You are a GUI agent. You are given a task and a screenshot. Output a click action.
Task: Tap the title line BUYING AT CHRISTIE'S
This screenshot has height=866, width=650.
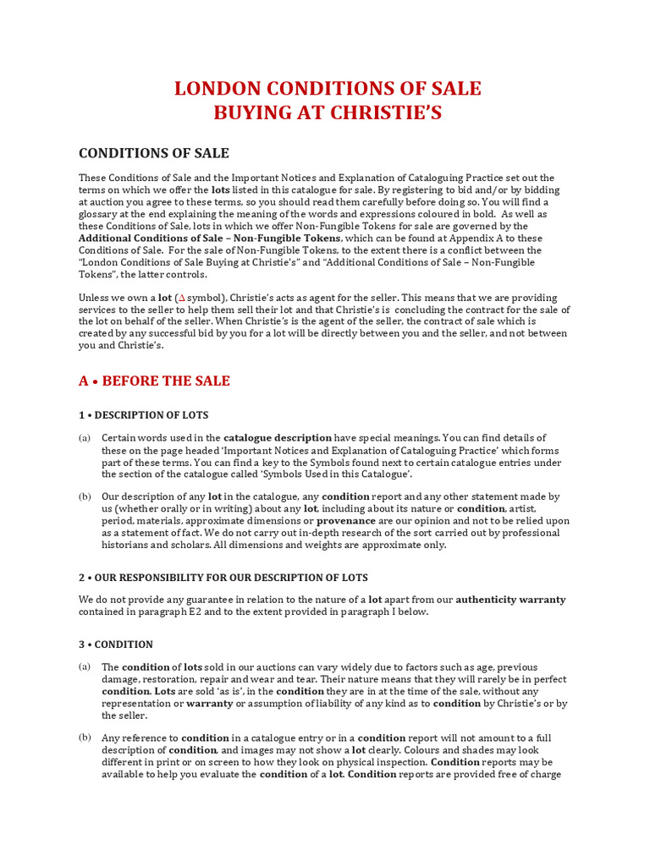pos(328,113)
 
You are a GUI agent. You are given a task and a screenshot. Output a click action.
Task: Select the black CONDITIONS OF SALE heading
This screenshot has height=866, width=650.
pos(154,153)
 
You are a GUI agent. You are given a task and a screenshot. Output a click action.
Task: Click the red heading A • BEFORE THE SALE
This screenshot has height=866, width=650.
pos(154,381)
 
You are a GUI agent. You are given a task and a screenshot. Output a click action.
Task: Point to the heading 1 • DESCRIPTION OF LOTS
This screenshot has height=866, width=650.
pos(143,415)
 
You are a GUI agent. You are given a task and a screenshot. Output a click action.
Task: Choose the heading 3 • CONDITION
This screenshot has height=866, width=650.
pos(116,644)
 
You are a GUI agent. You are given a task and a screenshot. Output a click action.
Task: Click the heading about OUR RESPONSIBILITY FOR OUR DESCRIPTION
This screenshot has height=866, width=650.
pos(223,578)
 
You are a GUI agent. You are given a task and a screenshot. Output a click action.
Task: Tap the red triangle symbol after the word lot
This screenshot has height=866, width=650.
pos(179,299)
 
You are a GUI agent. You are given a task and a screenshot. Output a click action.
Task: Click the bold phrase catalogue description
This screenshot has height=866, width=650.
pos(278,438)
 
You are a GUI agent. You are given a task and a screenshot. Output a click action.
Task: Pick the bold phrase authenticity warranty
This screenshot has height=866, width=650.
pos(511,600)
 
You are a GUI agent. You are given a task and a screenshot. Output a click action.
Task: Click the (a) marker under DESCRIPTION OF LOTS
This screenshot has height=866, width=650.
pos(85,438)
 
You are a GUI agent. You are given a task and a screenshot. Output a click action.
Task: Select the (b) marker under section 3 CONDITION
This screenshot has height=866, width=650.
pos(85,737)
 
